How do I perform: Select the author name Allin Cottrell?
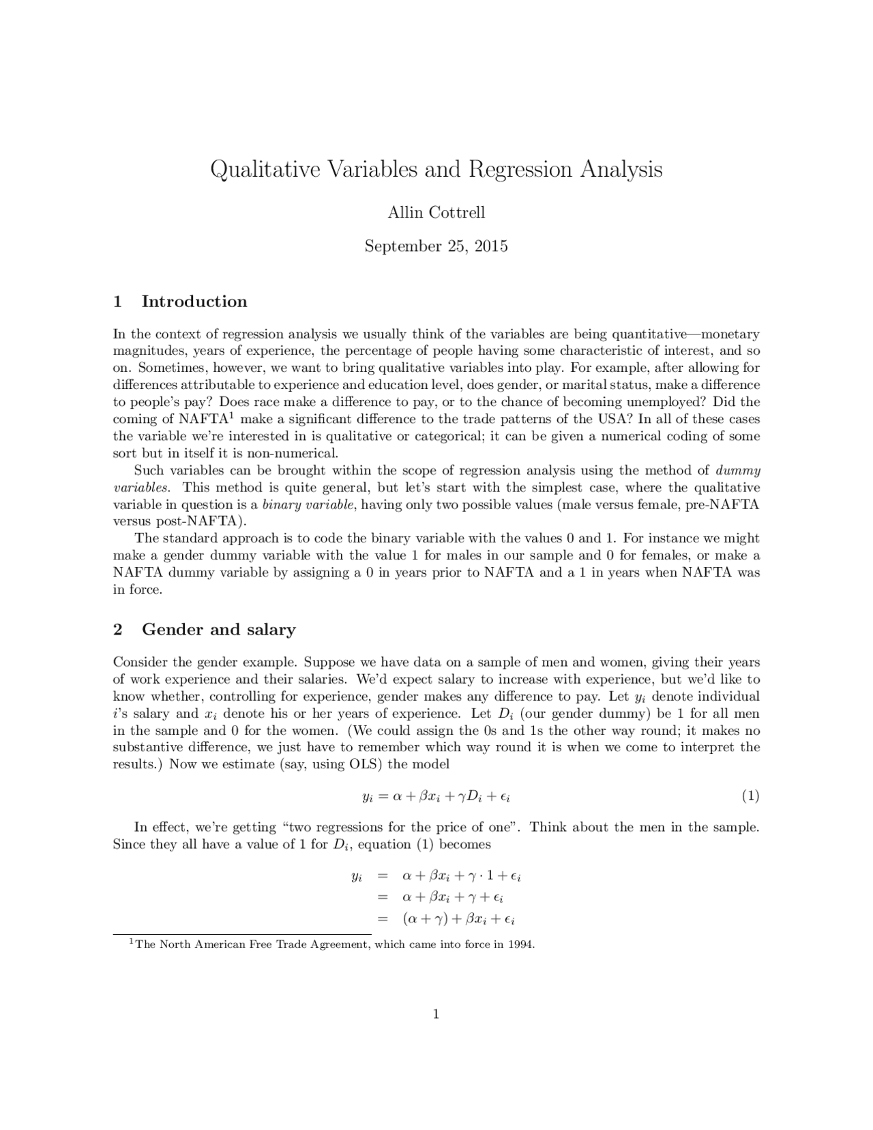point(436,213)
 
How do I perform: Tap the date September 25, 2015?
point(436,246)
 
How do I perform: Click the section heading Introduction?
point(194,302)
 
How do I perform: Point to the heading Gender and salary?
point(218,629)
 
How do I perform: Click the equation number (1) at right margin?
point(750,796)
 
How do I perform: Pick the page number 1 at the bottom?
point(436,1014)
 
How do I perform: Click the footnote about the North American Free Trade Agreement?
point(334,945)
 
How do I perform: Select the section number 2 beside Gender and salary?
point(118,629)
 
